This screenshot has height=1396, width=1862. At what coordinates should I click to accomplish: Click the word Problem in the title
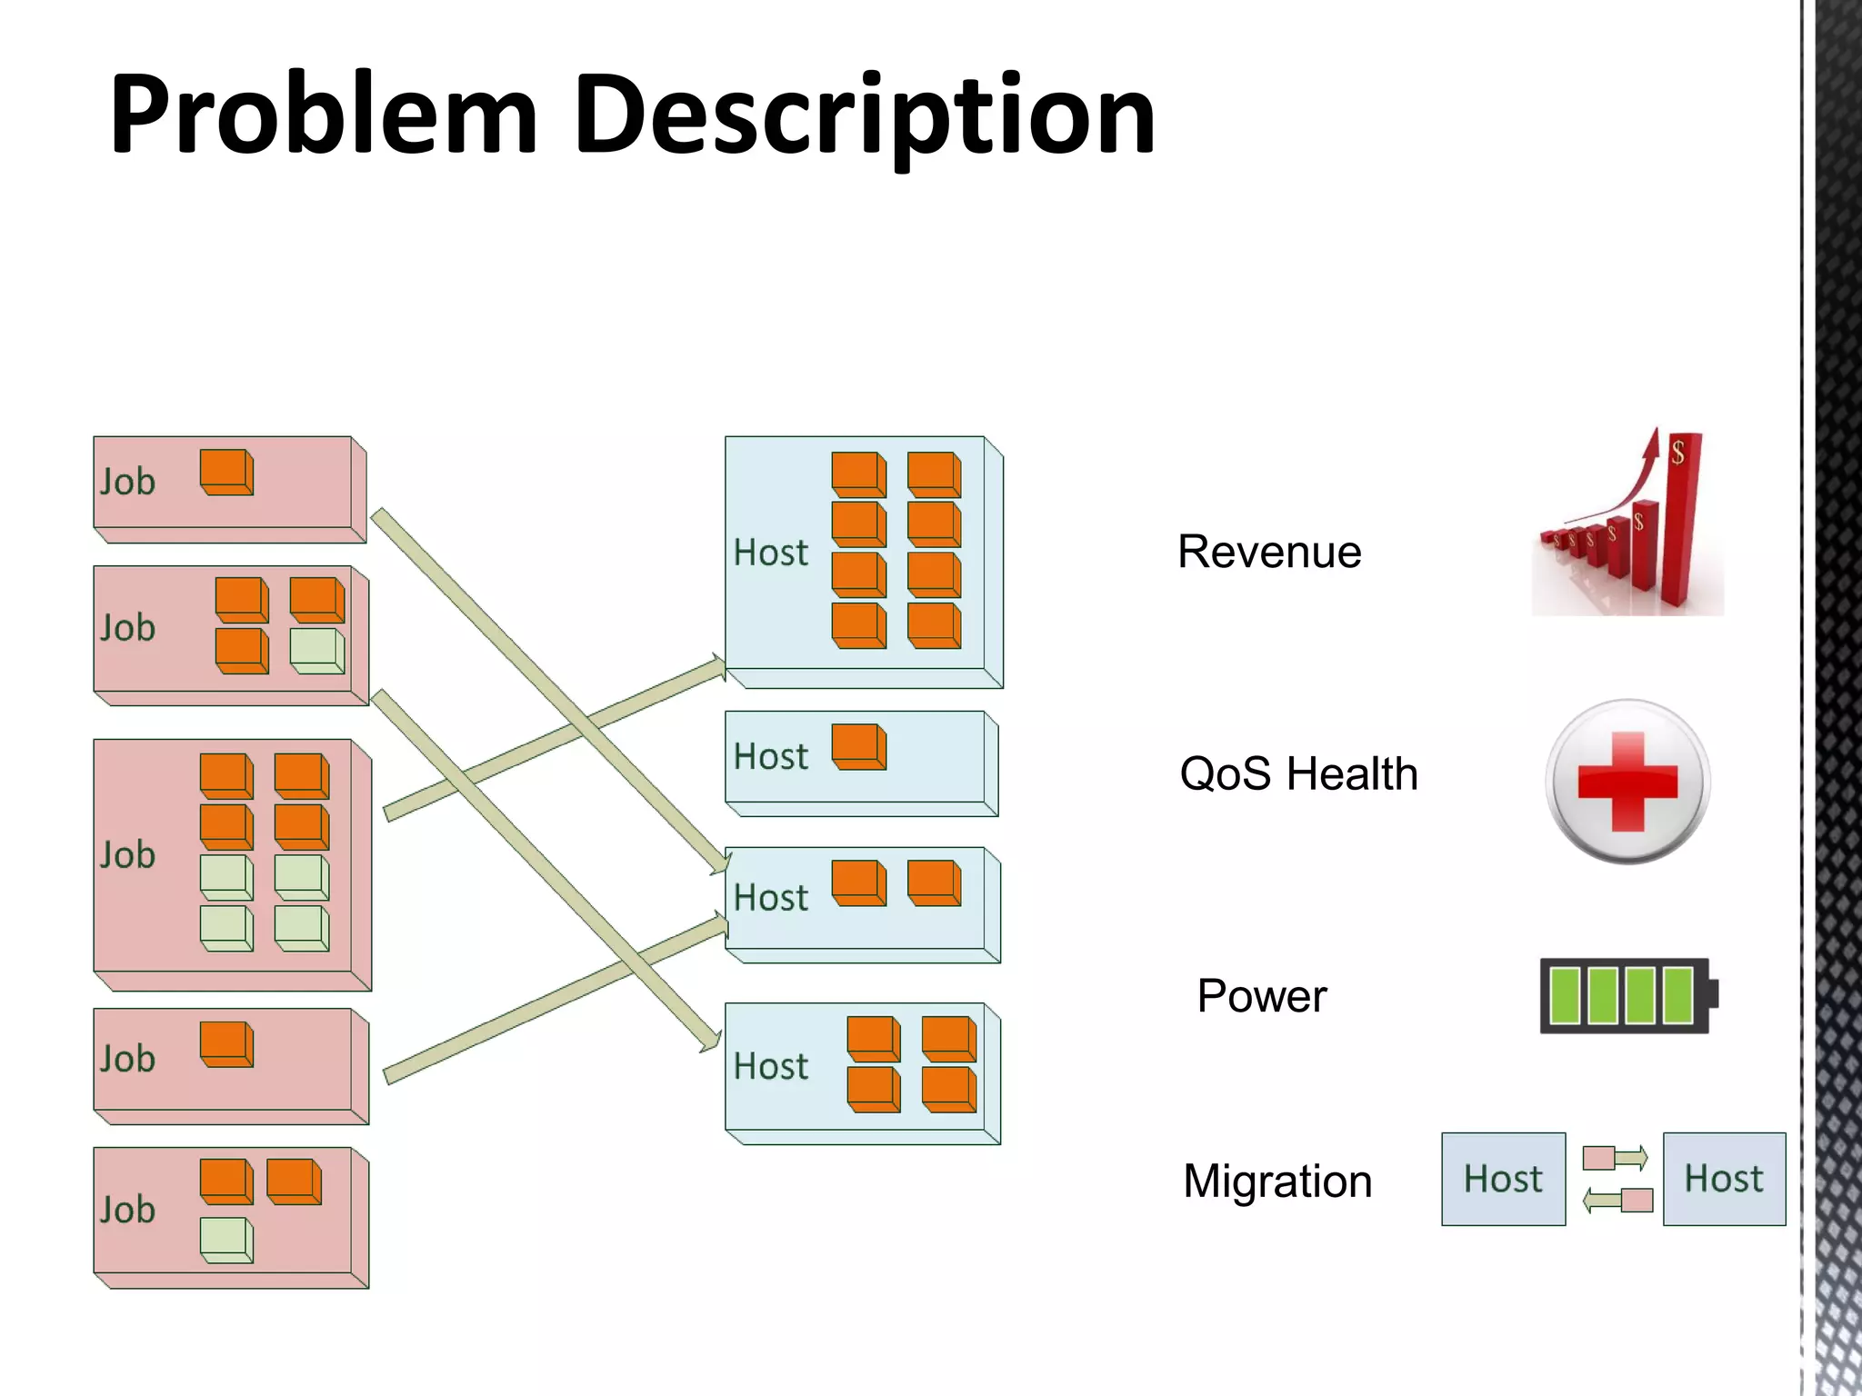tap(324, 115)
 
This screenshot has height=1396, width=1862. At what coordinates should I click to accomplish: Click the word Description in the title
tap(864, 115)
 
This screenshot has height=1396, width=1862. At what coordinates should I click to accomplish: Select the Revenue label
tap(1269, 552)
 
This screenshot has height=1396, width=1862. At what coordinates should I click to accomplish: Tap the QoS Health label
tap(1298, 774)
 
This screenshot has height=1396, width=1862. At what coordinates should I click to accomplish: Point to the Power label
tap(1262, 996)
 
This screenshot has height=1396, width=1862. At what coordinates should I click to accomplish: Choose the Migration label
tap(1277, 1182)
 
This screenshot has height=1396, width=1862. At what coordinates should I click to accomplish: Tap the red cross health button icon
tap(1627, 782)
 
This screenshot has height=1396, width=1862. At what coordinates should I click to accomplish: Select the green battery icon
tap(1626, 996)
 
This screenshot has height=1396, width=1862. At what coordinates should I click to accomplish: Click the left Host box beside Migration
tap(1503, 1179)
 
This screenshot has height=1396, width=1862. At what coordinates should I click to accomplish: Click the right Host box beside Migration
tap(1724, 1179)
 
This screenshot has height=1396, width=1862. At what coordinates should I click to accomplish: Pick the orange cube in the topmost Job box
tap(225, 473)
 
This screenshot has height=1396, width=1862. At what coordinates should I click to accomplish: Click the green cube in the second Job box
tap(316, 652)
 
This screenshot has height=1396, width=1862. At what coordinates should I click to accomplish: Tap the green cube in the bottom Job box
tap(225, 1241)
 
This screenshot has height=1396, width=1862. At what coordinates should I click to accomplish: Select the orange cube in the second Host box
tap(858, 747)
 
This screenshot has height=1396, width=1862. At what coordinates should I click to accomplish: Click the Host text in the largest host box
tap(770, 553)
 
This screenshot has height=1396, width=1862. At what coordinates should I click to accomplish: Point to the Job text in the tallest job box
tap(127, 855)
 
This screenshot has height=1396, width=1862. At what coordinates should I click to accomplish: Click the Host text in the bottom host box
tap(770, 1066)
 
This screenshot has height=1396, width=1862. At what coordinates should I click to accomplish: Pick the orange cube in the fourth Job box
tap(225, 1044)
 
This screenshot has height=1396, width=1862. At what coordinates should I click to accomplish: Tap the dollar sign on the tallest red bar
tap(1677, 451)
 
